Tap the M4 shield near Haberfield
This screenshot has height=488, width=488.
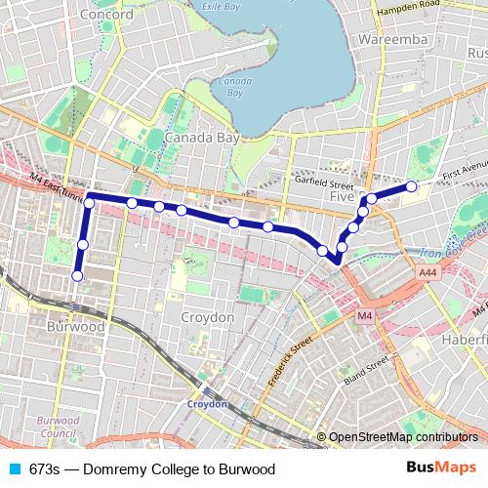tap(364, 316)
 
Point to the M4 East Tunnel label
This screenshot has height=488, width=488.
tap(57, 186)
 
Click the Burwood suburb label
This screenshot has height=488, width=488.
tap(76, 327)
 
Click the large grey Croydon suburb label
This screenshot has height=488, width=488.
tap(208, 318)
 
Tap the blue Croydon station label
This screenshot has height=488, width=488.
tap(208, 403)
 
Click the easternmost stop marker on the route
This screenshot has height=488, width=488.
tap(412, 185)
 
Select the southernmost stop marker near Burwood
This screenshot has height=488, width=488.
tap(77, 276)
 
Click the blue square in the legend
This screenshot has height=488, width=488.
tap(14, 469)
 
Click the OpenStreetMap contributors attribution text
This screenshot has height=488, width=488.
tap(403, 438)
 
